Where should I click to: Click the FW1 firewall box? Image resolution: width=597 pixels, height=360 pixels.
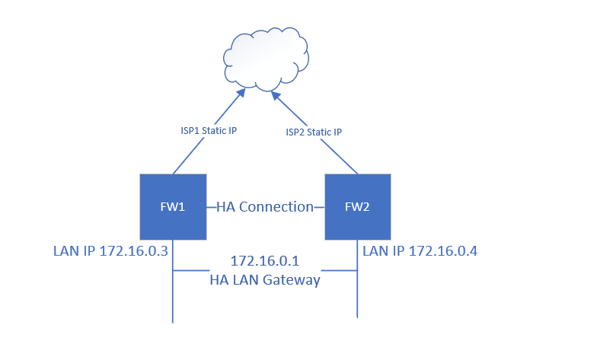coord(173,206)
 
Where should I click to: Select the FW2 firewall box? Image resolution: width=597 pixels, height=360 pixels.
coord(358,206)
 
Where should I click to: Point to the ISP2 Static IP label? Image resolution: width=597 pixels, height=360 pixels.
coord(314,132)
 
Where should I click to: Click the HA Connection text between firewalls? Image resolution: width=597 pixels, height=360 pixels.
coord(265,206)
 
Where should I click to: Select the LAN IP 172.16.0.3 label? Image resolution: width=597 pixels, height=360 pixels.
coord(110,250)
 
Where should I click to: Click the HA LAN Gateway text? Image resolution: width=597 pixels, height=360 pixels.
coord(264,280)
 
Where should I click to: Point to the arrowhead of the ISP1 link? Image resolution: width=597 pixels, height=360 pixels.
coord(241,93)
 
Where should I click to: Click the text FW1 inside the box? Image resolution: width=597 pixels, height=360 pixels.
coord(173,206)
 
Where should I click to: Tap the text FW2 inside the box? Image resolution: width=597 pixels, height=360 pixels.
coord(358,206)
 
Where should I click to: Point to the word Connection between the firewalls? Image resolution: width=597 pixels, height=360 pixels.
coord(277,206)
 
